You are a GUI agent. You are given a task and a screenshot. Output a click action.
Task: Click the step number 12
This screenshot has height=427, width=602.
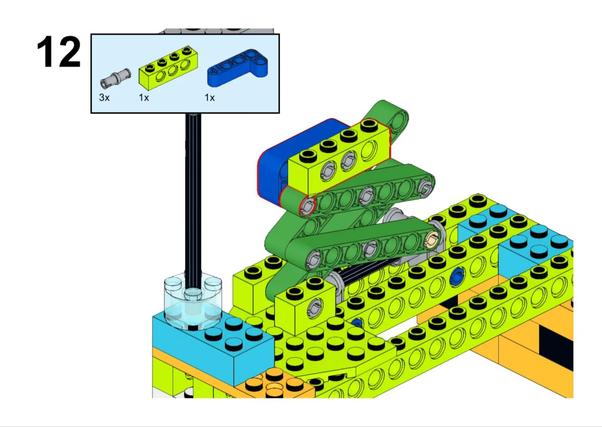pos(59,52)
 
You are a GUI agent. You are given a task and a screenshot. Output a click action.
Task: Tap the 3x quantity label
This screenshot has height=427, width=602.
pos(104,98)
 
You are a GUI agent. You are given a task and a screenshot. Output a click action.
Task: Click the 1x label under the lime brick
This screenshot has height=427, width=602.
pos(143,98)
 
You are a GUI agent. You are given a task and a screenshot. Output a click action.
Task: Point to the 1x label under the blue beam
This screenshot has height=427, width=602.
pos(209,98)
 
